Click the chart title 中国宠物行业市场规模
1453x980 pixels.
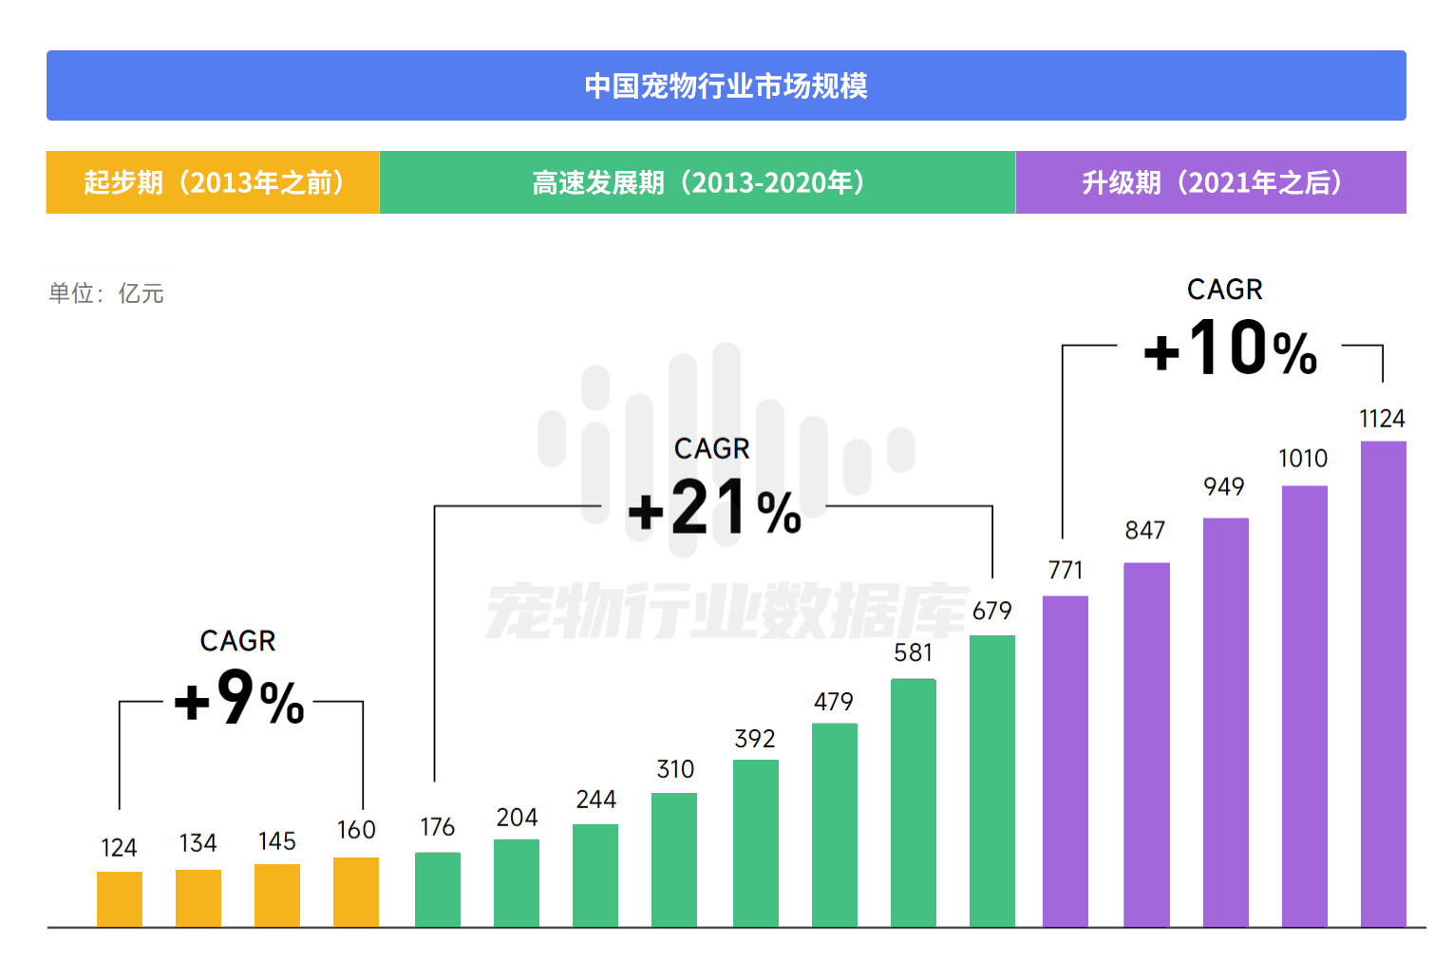[x=726, y=85]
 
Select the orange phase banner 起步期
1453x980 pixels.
[x=213, y=182]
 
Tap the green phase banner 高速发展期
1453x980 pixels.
[x=697, y=182]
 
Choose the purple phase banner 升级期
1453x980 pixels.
[x=1211, y=182]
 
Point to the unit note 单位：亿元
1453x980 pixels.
[x=106, y=293]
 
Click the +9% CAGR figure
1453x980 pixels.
[x=239, y=699]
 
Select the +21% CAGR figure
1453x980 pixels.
[x=714, y=508]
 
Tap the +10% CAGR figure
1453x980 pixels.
[x=1230, y=349]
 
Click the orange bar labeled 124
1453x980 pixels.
[x=120, y=898]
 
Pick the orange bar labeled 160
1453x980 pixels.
[x=356, y=892]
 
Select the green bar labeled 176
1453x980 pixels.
[x=438, y=889]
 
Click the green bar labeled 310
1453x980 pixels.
[x=674, y=859]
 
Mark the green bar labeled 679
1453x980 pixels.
[x=992, y=781]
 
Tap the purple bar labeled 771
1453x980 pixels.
[x=1066, y=761]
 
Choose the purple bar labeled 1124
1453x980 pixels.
[x=1383, y=684]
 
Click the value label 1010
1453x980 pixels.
[x=1303, y=459]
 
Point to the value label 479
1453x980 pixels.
[x=834, y=702]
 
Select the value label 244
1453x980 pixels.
[x=596, y=800]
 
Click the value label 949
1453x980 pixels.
[x=1224, y=487]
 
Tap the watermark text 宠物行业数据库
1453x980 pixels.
[x=726, y=611]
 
